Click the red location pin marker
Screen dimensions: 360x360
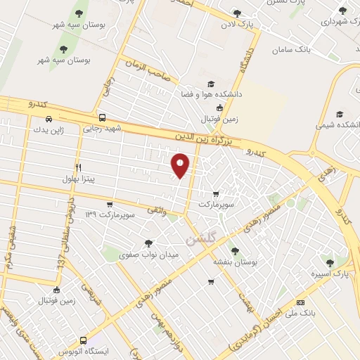click(x=181, y=165)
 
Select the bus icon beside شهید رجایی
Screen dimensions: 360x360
click(x=103, y=118)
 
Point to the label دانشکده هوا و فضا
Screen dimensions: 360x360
click(x=211, y=94)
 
